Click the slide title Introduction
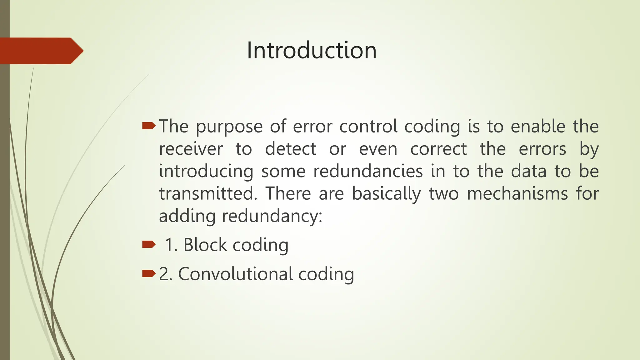pos(312,50)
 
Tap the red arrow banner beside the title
pos(41,51)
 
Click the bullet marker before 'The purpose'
pos(148,126)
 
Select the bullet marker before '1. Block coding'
pos(148,244)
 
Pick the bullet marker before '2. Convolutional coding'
pos(148,274)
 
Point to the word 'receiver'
pos(191,149)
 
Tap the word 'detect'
pos(291,149)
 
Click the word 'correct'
pos(438,149)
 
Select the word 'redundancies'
pos(368,172)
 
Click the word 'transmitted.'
pos(208,194)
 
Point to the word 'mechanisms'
pos(517,194)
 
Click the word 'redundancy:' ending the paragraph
pos(272,216)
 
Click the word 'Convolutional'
pos(235,274)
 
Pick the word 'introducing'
pos(206,172)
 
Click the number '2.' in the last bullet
pos(166,274)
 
